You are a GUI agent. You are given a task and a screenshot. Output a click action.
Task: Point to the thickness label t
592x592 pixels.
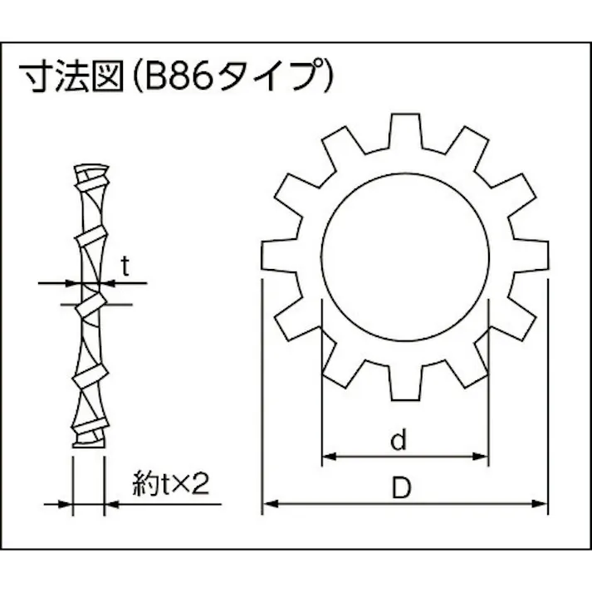pyautogui.click(x=125, y=266)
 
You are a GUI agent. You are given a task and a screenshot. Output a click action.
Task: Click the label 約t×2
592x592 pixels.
pyautogui.click(x=169, y=484)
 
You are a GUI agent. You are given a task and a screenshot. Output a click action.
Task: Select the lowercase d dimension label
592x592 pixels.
pyautogui.click(x=399, y=441)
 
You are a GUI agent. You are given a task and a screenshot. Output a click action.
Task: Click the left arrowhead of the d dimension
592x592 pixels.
pyautogui.click(x=326, y=456)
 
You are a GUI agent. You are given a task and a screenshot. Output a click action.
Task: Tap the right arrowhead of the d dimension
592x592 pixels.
pyautogui.click(x=481, y=456)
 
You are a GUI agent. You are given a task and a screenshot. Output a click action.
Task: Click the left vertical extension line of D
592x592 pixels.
pyautogui.click(x=262, y=390)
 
